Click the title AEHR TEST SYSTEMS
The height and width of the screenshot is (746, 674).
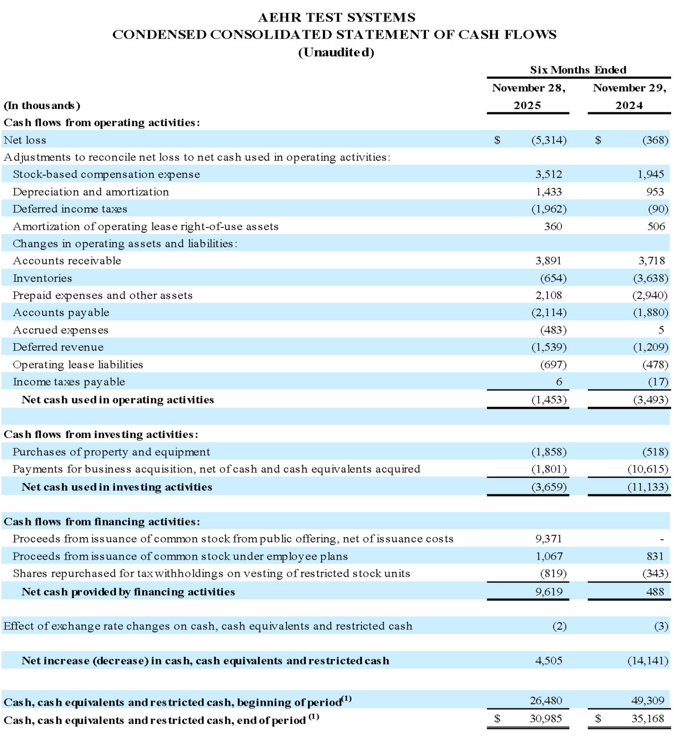pyautogui.click(x=336, y=18)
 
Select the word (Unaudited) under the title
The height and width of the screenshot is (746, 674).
pyautogui.click(x=336, y=53)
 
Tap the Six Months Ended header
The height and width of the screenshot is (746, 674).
pyautogui.click(x=578, y=70)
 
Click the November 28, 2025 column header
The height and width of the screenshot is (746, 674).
pyautogui.click(x=528, y=96)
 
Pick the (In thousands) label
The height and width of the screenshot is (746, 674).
pyautogui.click(x=42, y=105)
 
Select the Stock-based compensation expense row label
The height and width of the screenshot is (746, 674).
pyautogui.click(x=106, y=175)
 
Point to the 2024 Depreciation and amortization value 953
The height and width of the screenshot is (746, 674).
pyautogui.click(x=655, y=192)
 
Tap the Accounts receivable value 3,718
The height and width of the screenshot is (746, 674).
pyautogui.click(x=652, y=261)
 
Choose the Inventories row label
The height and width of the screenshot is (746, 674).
pyautogui.click(x=42, y=278)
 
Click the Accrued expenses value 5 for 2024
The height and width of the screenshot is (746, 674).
pyautogui.click(x=661, y=330)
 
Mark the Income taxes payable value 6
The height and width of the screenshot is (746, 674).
pyautogui.click(x=559, y=382)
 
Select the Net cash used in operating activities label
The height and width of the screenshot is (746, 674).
pyautogui.click(x=118, y=400)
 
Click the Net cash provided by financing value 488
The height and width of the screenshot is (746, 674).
pyautogui.click(x=655, y=592)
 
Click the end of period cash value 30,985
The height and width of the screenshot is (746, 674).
pyautogui.click(x=546, y=718)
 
